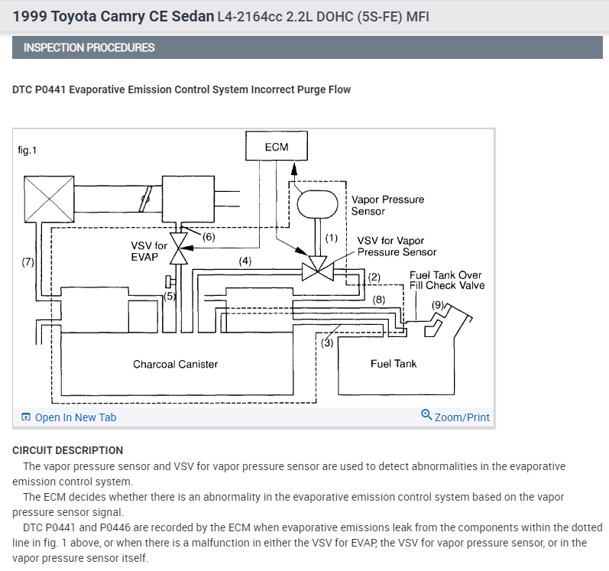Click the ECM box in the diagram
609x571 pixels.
point(276,146)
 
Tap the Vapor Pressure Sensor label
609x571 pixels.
point(387,205)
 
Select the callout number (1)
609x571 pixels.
point(331,238)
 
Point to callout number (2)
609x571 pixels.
point(374,276)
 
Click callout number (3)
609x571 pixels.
point(326,342)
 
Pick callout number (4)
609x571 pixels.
point(245,261)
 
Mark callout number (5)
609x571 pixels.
point(170,295)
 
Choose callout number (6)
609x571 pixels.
point(209,236)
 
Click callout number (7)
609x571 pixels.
point(28,262)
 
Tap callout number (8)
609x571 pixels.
point(379,300)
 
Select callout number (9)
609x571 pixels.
point(437,304)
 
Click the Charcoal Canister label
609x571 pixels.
point(175,364)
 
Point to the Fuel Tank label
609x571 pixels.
point(394,364)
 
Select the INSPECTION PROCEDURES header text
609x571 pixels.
point(89,47)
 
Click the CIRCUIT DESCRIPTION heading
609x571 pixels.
point(67,450)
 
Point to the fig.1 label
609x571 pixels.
point(27,150)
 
